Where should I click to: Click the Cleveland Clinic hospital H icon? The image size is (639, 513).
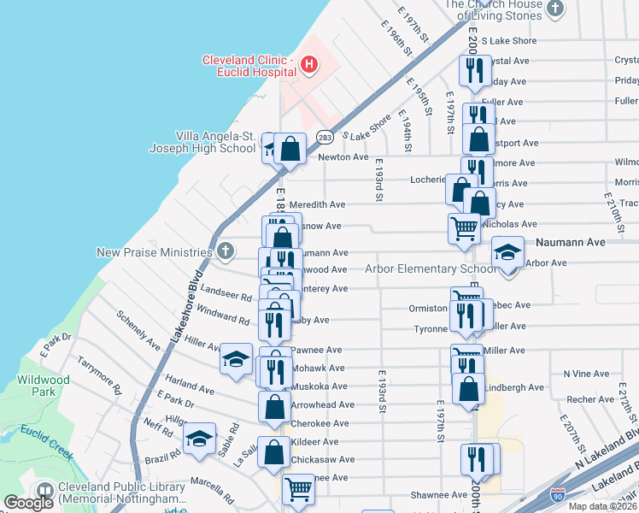click(x=309, y=64)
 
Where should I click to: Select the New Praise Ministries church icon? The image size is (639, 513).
click(x=225, y=251)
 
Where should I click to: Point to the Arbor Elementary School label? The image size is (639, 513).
click(x=429, y=269)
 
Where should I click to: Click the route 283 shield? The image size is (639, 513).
click(x=325, y=137)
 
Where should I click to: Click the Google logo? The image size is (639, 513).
click(x=28, y=503)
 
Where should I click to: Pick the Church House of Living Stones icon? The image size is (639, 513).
click(x=556, y=9)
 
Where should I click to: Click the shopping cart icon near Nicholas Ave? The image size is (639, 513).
click(x=464, y=228)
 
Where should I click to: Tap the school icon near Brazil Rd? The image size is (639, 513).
click(x=200, y=439)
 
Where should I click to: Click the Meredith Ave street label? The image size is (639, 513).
click(x=318, y=205)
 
